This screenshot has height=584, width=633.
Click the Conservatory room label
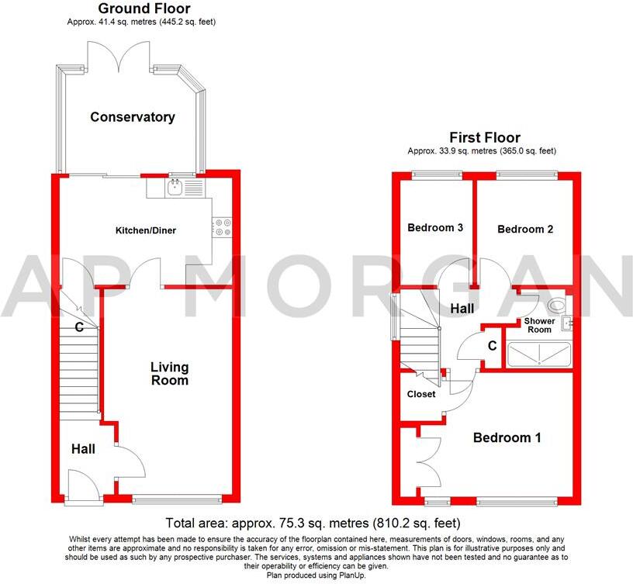pyautogui.click(x=133, y=117)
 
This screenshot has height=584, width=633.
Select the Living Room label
pyautogui.click(x=169, y=373)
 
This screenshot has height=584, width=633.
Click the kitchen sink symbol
pyautogui.click(x=175, y=186)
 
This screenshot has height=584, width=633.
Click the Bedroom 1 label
pyautogui.click(x=507, y=437)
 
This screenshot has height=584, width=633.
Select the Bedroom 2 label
pyautogui.click(x=525, y=229)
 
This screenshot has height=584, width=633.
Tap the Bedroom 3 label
pyautogui.click(x=435, y=228)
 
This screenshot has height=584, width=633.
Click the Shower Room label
pyautogui.click(x=539, y=324)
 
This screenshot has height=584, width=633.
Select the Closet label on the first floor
pyautogui.click(x=422, y=394)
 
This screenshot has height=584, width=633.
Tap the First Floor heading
pyautogui.click(x=486, y=137)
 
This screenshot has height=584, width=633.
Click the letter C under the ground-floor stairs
pyautogui.click(x=79, y=327)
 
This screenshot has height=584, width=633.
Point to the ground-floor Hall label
pyautogui.click(x=83, y=448)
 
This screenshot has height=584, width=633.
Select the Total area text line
pyautogui.click(x=313, y=523)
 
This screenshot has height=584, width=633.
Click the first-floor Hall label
pyautogui.click(x=462, y=309)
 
